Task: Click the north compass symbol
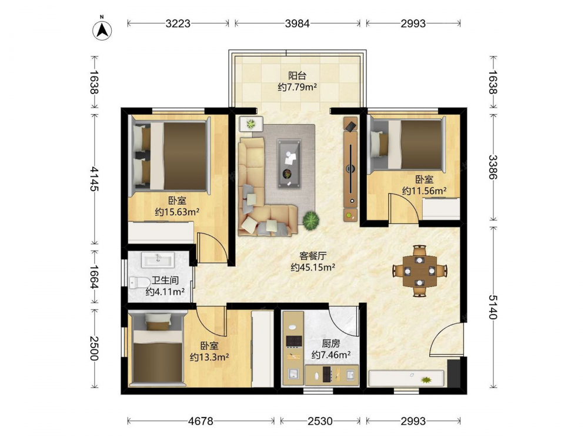[102, 30]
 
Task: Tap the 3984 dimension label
[297, 24]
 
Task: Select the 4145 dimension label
[93, 179]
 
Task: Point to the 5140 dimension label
[493, 307]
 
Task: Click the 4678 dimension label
[201, 421]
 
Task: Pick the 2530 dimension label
[320, 421]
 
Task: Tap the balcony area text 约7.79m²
[298, 87]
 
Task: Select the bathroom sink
[158, 259]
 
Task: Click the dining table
[420, 270]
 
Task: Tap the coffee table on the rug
[289, 163]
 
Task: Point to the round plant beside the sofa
[311, 220]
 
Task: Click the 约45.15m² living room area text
[313, 268]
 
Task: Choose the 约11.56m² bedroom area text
[424, 191]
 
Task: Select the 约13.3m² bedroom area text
[209, 357]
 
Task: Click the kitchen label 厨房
[330, 343]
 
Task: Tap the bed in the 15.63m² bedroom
[169, 156]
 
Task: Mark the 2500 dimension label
[93, 348]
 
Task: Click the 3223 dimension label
[178, 24]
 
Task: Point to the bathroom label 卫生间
[165, 280]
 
